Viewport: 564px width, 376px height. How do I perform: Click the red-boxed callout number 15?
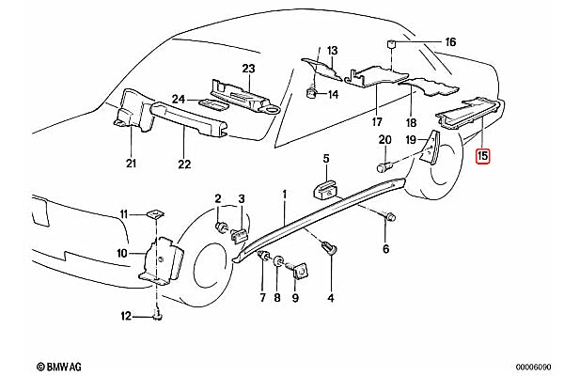(x=482, y=156)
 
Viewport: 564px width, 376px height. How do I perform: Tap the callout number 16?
(x=450, y=42)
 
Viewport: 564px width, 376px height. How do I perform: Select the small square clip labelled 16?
(x=391, y=44)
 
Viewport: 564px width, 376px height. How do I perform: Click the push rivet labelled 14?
(x=310, y=94)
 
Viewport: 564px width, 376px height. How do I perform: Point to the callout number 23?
(x=248, y=69)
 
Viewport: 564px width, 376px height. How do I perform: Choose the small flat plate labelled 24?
(x=213, y=104)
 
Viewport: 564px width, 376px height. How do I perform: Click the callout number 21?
(x=131, y=163)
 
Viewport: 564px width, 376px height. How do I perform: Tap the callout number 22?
(x=184, y=164)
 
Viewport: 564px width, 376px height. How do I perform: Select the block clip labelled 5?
(x=326, y=190)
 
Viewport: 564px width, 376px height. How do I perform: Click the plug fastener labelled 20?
(x=384, y=167)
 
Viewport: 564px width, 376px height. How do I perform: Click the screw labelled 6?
(x=389, y=217)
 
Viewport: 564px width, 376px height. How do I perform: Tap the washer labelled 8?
(x=277, y=261)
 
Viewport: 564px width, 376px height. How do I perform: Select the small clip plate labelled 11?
(x=155, y=214)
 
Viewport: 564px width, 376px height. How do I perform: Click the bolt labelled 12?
(x=158, y=316)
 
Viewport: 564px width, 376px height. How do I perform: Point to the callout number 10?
(x=122, y=253)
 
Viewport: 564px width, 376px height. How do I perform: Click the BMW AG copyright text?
(x=59, y=367)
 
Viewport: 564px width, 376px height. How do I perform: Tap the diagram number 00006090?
(x=533, y=367)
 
